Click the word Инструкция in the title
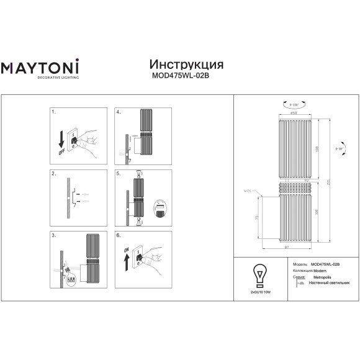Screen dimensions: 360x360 point(187,65)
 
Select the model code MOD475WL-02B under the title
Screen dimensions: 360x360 point(187,78)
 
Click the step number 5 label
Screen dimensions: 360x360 point(118,174)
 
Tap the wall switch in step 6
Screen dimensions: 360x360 point(140,258)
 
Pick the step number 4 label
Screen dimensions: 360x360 point(118,113)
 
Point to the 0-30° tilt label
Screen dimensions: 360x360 point(339,149)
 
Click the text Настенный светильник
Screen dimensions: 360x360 point(326,282)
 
